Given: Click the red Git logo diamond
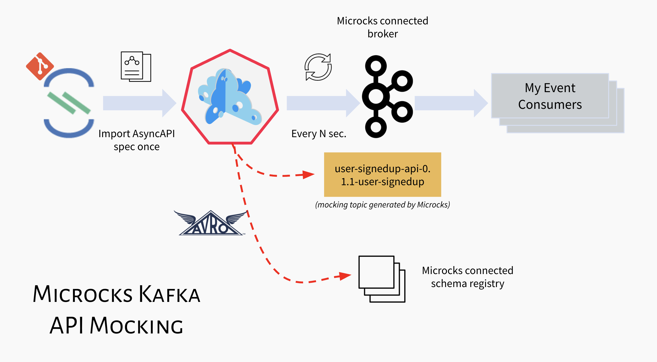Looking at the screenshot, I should (x=40, y=66).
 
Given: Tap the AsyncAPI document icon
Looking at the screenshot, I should (x=136, y=67).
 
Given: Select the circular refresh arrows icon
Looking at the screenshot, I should (x=318, y=67).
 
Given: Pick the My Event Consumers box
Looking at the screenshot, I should (x=550, y=96).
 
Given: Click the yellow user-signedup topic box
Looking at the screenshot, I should (x=382, y=175).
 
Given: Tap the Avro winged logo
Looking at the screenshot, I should (x=210, y=223).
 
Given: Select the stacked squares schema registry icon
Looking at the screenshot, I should (x=382, y=279).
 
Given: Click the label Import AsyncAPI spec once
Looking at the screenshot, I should (x=136, y=140).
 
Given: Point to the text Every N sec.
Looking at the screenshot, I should (x=319, y=134).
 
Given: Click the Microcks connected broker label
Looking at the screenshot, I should (x=382, y=27).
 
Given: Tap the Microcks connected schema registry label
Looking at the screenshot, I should (x=467, y=277).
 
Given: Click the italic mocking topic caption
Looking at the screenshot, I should (x=382, y=205).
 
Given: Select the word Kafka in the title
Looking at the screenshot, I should (x=169, y=294).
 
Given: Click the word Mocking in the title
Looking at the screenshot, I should (x=136, y=326).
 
